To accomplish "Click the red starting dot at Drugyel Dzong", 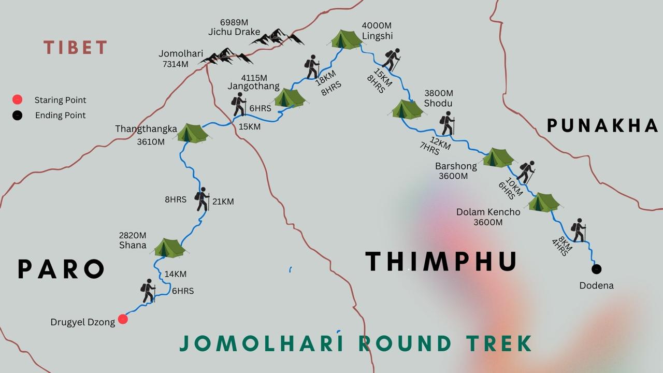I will [123, 319].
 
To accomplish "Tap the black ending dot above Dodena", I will [596, 269].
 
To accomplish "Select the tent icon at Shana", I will [169, 248].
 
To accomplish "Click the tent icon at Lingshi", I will [347, 39].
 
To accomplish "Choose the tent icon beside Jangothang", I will [290, 97].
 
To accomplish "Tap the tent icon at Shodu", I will [407, 109].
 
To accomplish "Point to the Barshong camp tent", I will [498, 157].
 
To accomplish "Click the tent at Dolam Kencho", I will [543, 202].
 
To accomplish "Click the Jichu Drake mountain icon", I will [278, 37].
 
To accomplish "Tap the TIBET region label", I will [76, 48].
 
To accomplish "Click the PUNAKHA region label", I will [602, 125].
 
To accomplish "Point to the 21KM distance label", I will [223, 201].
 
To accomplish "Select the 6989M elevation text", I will [234, 22].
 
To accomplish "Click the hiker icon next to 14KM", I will [149, 291].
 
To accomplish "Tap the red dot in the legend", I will [17, 99].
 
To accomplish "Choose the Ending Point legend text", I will [60, 115].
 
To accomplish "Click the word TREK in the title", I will [498, 343].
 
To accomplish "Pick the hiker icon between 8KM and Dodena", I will [578, 230].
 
